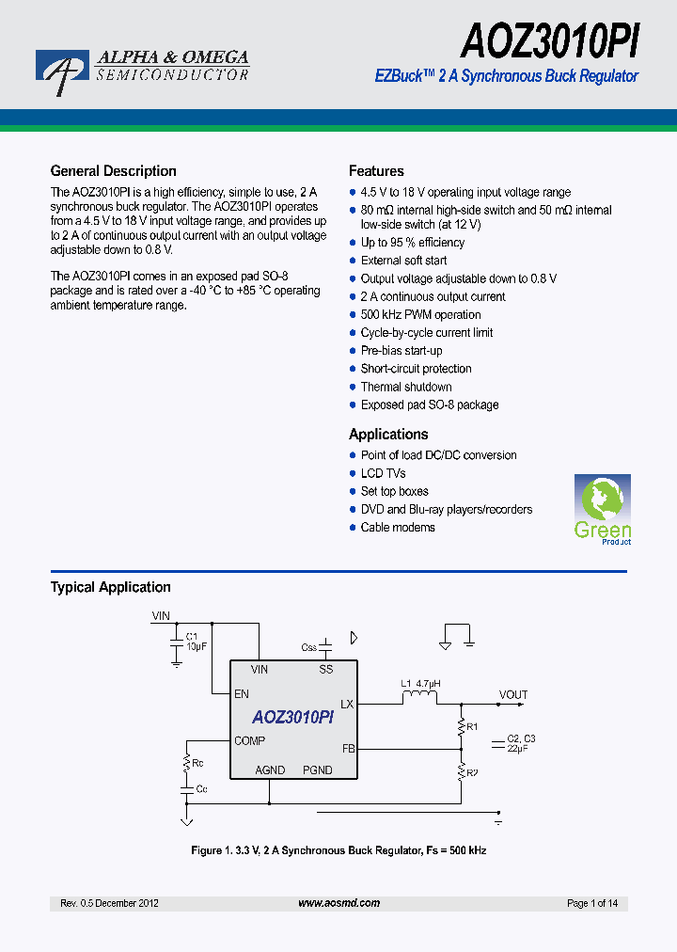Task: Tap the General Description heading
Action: (x=113, y=171)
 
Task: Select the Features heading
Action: (x=376, y=171)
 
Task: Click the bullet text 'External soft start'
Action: (x=403, y=261)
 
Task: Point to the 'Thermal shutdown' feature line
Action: (x=406, y=387)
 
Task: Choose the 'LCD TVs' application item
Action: (x=383, y=473)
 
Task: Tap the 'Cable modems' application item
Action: (x=398, y=528)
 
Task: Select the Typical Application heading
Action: (x=110, y=587)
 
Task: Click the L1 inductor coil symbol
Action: (x=418, y=697)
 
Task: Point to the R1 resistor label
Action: (x=473, y=727)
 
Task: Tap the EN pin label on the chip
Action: (x=242, y=694)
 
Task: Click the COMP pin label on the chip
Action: (x=250, y=741)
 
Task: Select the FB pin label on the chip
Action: (x=348, y=750)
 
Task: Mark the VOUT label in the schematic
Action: (x=513, y=695)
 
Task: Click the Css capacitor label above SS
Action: (x=308, y=647)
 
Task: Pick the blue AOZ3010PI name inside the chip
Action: (x=292, y=718)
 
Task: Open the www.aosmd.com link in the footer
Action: (x=338, y=903)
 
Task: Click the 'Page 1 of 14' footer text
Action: (x=592, y=903)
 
